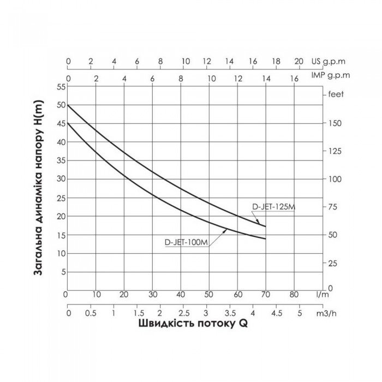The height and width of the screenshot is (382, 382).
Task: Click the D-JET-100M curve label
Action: tap(187, 243)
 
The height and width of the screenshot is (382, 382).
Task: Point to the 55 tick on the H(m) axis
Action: tap(61, 87)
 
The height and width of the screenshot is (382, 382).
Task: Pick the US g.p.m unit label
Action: tap(329, 62)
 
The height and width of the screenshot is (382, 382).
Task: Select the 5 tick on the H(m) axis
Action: tap(63, 272)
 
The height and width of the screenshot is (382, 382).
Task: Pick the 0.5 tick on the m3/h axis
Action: tap(91, 314)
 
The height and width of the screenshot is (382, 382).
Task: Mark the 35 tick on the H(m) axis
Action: tap(61, 160)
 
